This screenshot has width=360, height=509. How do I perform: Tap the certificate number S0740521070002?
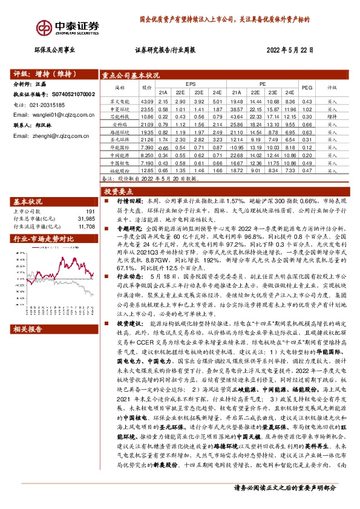[73, 94]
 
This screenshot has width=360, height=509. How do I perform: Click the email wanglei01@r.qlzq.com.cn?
[60, 114]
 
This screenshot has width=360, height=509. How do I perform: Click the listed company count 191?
[90, 212]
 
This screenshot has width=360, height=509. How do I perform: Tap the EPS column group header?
[191, 83]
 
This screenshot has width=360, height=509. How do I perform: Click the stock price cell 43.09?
[146, 101]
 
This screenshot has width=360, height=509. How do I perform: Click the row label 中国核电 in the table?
[120, 163]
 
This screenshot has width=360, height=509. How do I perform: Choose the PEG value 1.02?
[306, 109]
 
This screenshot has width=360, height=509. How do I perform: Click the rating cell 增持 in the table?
[332, 117]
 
